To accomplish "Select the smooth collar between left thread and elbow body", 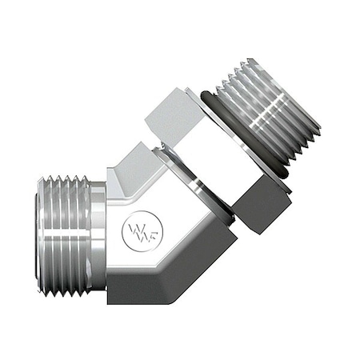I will coord(98,236).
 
